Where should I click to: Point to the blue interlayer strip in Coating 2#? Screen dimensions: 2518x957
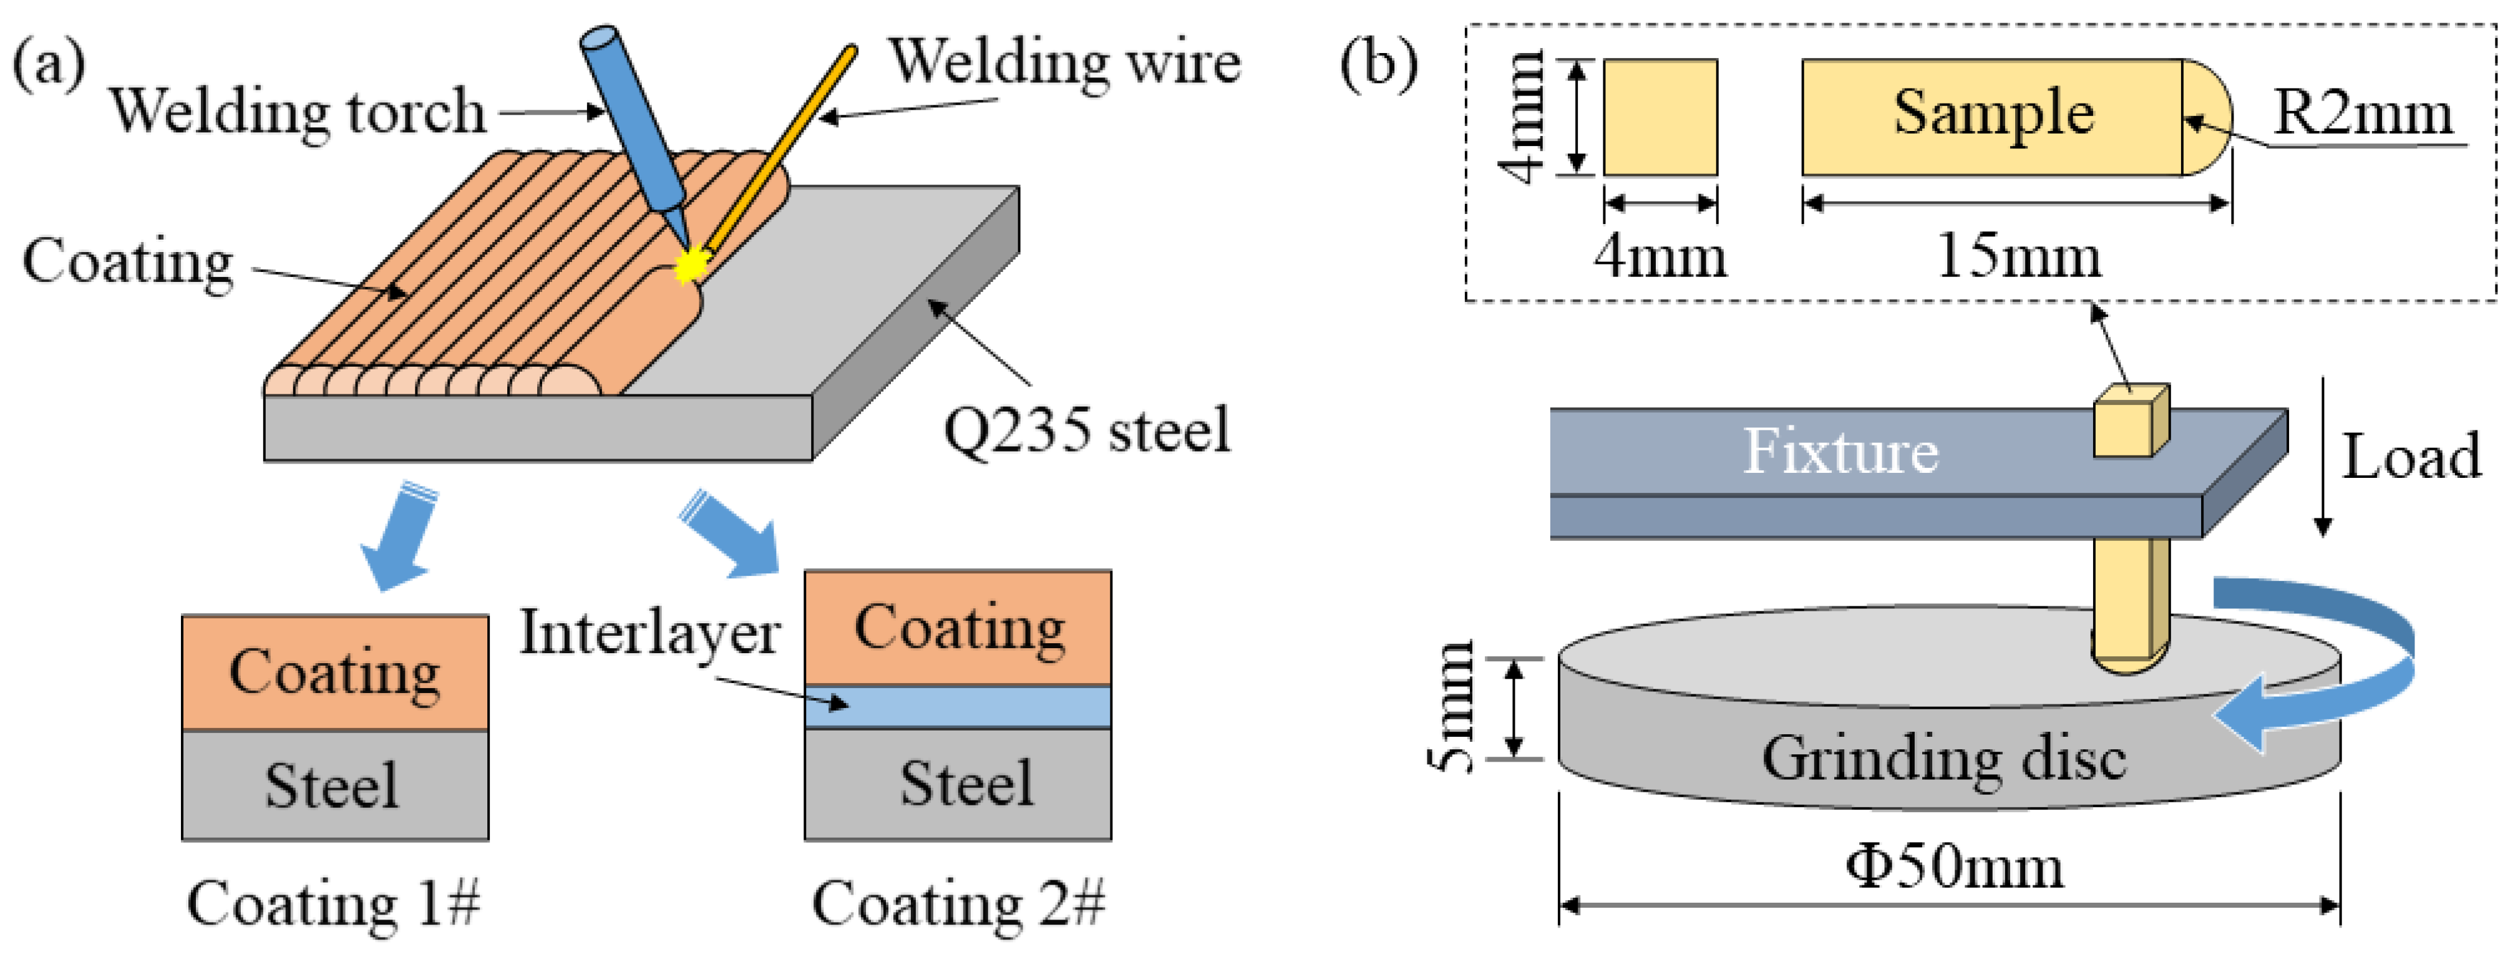[958, 707]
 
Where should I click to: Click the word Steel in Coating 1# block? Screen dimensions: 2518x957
[333, 785]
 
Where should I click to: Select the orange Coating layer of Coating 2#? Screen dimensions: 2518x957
[958, 628]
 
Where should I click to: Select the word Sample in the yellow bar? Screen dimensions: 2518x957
[1993, 112]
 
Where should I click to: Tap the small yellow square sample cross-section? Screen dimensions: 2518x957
[1660, 117]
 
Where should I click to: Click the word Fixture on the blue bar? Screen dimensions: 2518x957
[1840, 452]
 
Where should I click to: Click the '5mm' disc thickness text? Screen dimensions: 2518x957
[1454, 706]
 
